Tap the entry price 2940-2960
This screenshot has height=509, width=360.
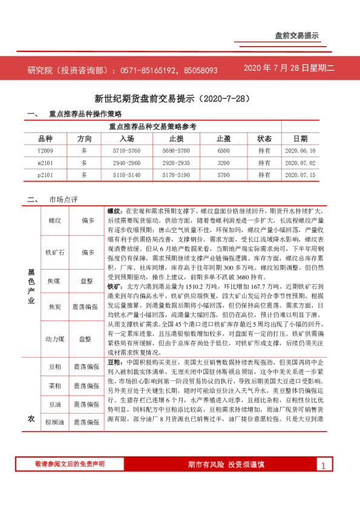(126, 163)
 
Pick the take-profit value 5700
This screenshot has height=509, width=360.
(223, 175)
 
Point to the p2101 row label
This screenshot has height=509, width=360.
(45, 175)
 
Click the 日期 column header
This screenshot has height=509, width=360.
(300, 138)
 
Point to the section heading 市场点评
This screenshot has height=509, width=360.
(64, 199)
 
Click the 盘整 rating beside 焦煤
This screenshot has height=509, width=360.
(88, 281)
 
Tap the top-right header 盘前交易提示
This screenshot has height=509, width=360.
(296, 36)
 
